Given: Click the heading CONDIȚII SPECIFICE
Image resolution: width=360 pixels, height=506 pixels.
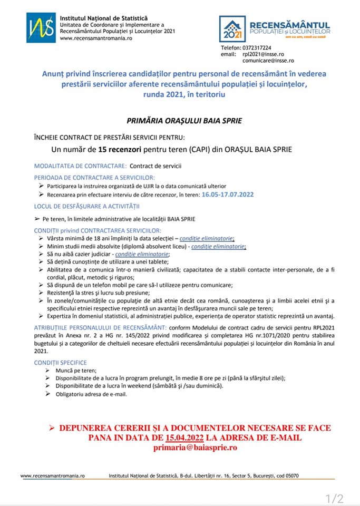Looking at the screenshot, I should [61, 363].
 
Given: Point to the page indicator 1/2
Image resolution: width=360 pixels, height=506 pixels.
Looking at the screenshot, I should [334, 498].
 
